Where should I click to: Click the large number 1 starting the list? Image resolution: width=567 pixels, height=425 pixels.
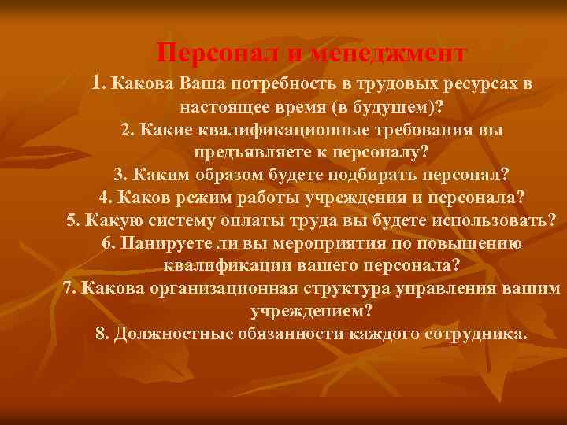pyautogui.click(x=97, y=82)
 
